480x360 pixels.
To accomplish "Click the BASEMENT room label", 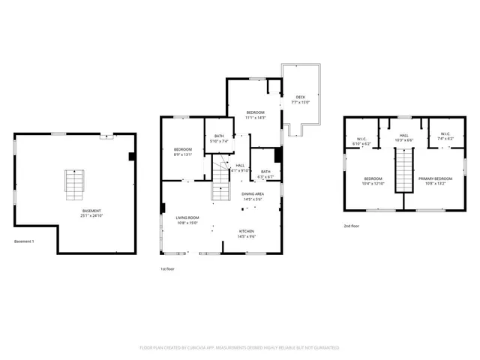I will [x=91, y=214].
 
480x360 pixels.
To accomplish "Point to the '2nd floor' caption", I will [x=352, y=226].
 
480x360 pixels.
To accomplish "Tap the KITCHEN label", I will [x=247, y=233].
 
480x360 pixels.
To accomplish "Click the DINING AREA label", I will [x=252, y=196].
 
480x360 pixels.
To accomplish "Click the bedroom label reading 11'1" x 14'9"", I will [x=256, y=115].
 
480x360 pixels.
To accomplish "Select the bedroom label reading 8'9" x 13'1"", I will [x=183, y=152].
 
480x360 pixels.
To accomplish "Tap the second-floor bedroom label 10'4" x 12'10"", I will [x=373, y=180].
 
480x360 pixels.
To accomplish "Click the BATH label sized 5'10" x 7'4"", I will [x=220, y=138].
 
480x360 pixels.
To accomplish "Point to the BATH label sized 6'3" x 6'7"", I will [x=265, y=173].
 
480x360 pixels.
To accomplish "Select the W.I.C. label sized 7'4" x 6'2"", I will [x=445, y=137].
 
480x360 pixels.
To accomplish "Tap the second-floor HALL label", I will [x=403, y=137].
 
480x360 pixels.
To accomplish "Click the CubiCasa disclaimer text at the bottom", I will [x=240, y=348].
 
